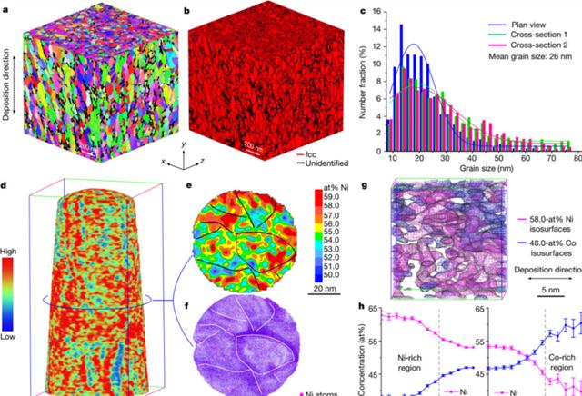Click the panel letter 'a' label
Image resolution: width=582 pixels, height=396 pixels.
pos(6,9)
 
